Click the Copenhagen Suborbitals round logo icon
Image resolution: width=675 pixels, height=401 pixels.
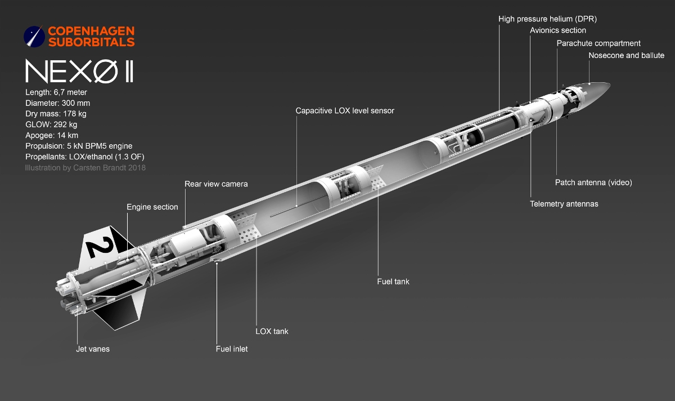click(34, 37)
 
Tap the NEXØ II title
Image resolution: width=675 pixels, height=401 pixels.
click(79, 71)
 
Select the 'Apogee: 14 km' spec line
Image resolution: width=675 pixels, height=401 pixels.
click(52, 135)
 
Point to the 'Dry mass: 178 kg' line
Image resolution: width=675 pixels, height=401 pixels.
click(56, 114)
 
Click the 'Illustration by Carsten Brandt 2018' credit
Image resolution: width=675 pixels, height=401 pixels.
click(85, 168)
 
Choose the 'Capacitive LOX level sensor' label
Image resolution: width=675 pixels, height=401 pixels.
click(345, 111)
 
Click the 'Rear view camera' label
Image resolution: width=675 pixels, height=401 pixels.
click(216, 184)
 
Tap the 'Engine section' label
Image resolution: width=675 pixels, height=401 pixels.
click(152, 207)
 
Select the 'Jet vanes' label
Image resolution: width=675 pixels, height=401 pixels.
click(93, 349)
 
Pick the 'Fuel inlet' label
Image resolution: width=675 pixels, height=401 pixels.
click(232, 349)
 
